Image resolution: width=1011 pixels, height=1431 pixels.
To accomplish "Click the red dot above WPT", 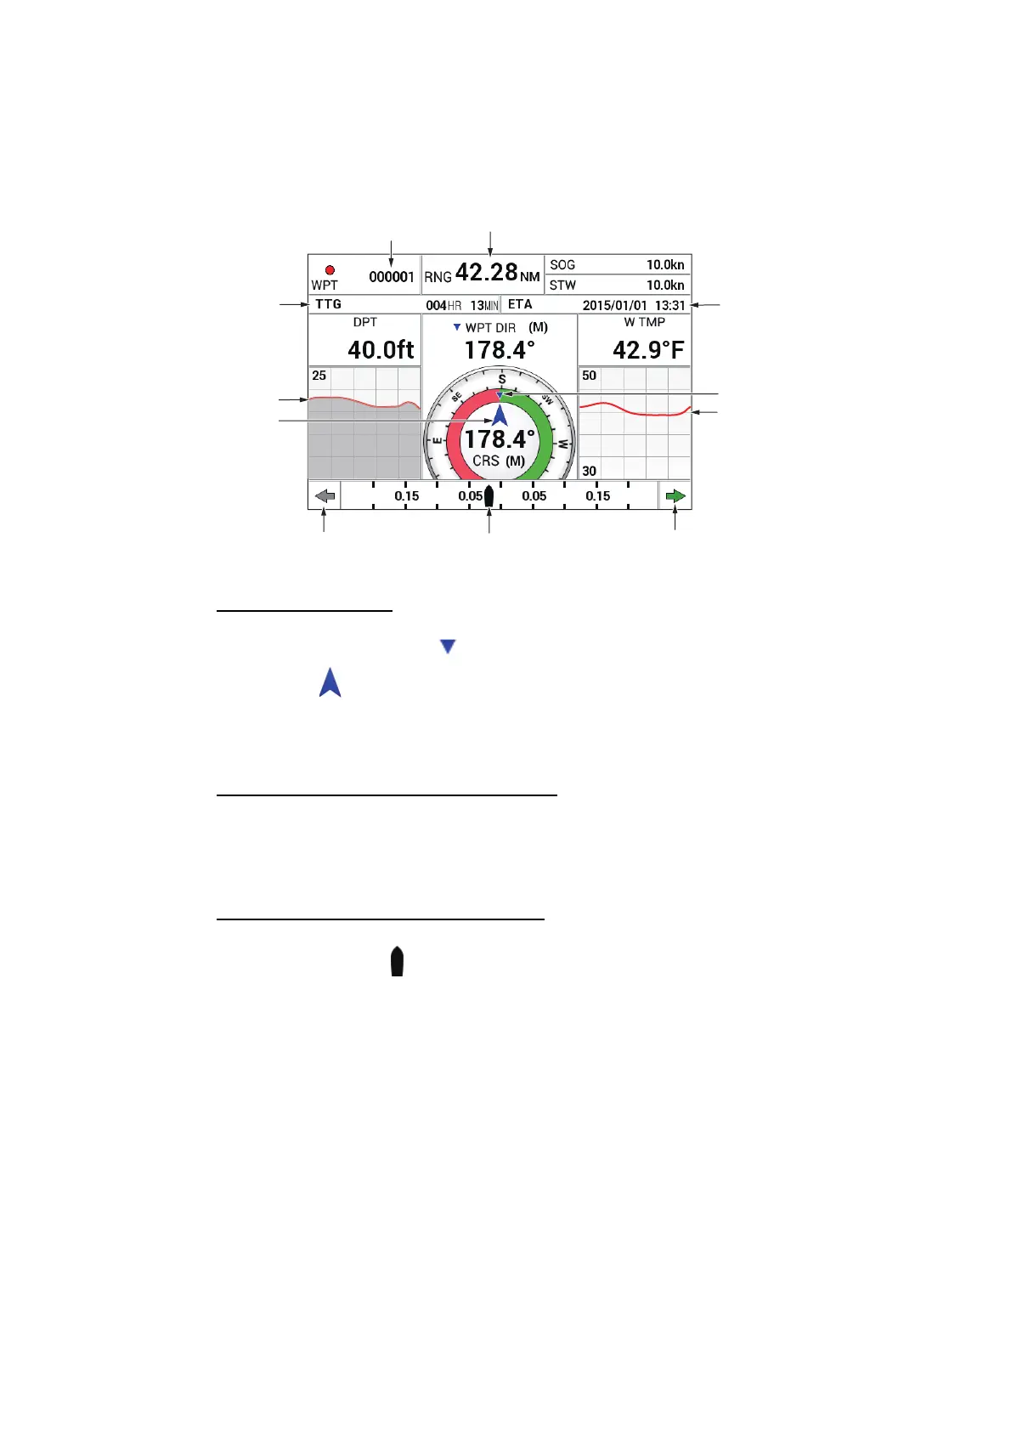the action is pyautogui.click(x=330, y=270).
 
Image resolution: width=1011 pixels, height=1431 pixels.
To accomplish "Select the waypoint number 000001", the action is pyautogui.click(x=392, y=277).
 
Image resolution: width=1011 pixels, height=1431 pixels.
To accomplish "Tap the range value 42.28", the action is pyautogui.click(x=486, y=272).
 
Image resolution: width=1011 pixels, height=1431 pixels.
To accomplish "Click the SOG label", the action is pyautogui.click(x=562, y=264).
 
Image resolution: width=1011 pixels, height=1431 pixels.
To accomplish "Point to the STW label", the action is pyautogui.click(x=562, y=285).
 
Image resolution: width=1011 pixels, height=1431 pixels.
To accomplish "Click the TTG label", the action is pyautogui.click(x=328, y=305).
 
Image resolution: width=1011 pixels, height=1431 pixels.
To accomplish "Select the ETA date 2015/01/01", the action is pyautogui.click(x=614, y=305).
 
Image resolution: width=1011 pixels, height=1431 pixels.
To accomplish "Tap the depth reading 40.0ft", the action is pyautogui.click(x=381, y=350).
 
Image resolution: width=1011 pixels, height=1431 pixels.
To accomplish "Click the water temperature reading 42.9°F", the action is pyautogui.click(x=648, y=350).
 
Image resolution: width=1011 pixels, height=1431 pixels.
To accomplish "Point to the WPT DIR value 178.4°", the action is pyautogui.click(x=500, y=350).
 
